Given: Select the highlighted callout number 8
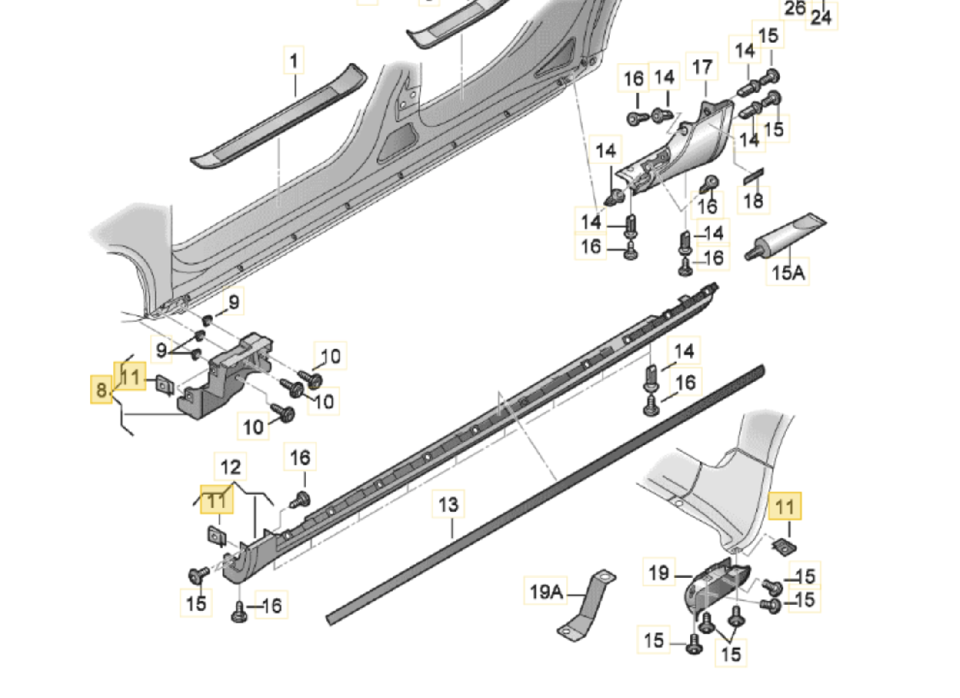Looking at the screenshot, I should point(100,390).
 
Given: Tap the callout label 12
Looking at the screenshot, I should point(230,468).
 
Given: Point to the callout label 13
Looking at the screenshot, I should point(448,505).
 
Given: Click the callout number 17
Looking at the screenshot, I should point(702,68).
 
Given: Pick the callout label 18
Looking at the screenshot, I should point(753,200).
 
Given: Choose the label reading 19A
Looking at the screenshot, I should point(545,592).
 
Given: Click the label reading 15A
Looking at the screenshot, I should point(787,273).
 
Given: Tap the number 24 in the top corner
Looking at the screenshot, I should point(821,17).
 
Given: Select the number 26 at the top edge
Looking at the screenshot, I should point(794,8).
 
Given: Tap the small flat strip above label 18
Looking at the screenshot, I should point(752,176).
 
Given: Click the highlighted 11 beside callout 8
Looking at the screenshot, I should point(130,376).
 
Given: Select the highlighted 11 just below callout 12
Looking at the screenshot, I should point(217,499).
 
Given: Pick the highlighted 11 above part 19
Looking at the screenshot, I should point(784,507).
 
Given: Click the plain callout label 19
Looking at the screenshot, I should point(658,573).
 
